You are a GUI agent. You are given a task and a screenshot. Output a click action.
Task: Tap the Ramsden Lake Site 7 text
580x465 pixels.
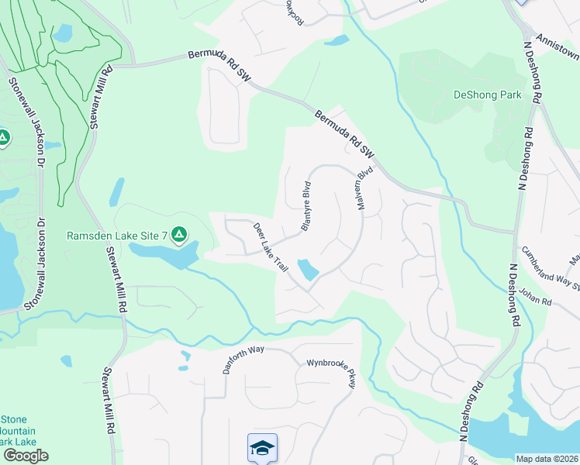[x=116, y=235]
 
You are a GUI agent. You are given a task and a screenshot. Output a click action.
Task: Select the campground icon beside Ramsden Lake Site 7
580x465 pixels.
[x=179, y=233]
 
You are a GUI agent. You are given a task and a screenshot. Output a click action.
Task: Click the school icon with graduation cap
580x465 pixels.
[x=262, y=447]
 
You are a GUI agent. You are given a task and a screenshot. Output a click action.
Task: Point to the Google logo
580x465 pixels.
[x=26, y=456]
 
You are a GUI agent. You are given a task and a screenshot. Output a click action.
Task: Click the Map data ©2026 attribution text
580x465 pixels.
[x=547, y=459]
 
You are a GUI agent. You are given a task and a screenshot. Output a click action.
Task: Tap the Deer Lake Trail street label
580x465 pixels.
[x=271, y=246]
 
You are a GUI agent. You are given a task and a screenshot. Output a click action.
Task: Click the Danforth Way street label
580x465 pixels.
[x=244, y=360]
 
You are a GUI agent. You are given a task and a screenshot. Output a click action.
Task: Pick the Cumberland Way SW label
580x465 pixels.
[x=551, y=267]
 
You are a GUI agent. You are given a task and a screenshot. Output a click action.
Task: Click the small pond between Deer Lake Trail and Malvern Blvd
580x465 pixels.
[x=309, y=270]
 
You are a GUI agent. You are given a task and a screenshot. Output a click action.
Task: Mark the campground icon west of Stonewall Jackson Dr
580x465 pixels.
[x=3, y=139]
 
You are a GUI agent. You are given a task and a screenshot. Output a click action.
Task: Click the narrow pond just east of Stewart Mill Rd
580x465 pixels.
[x=116, y=192]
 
